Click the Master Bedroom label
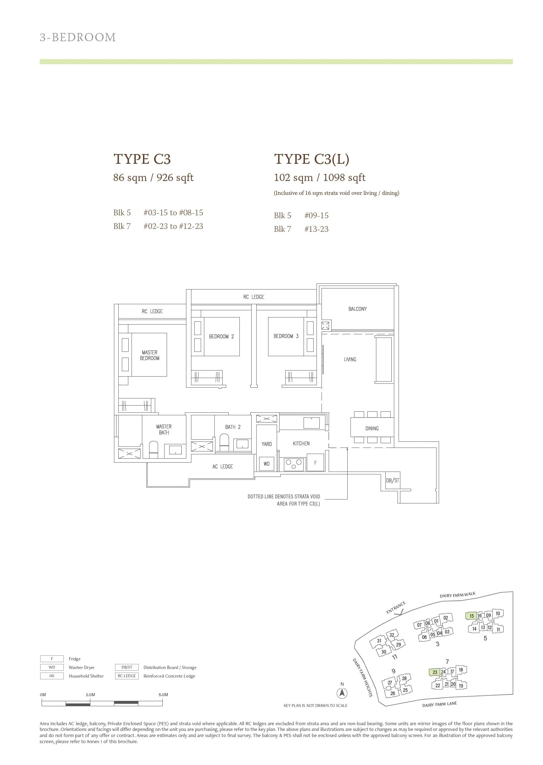[x=149, y=355]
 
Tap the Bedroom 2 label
[x=221, y=336]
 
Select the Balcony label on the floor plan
[x=357, y=309]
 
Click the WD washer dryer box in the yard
[x=266, y=464]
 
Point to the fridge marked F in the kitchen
[x=315, y=463]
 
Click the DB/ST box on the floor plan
[x=392, y=480]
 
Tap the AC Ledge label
[x=223, y=467]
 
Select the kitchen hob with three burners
[x=294, y=464]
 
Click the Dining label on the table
[x=372, y=428]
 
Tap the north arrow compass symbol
[x=342, y=693]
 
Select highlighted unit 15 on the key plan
[x=471, y=616]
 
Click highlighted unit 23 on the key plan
[x=434, y=672]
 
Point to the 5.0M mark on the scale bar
[x=163, y=694]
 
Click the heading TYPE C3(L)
[x=311, y=159]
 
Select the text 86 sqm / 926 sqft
[x=153, y=177]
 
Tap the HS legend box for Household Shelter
[x=52, y=676]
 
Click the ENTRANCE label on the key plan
[x=396, y=607]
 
